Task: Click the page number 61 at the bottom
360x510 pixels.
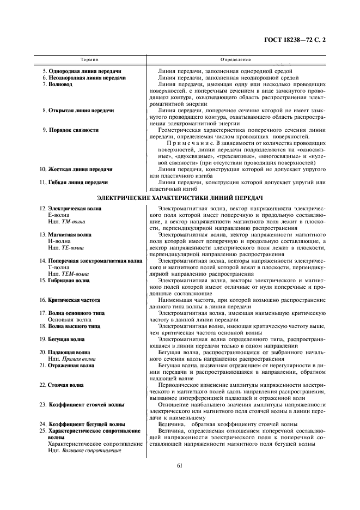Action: point(180,465)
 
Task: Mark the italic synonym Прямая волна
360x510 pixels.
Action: point(77,359)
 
